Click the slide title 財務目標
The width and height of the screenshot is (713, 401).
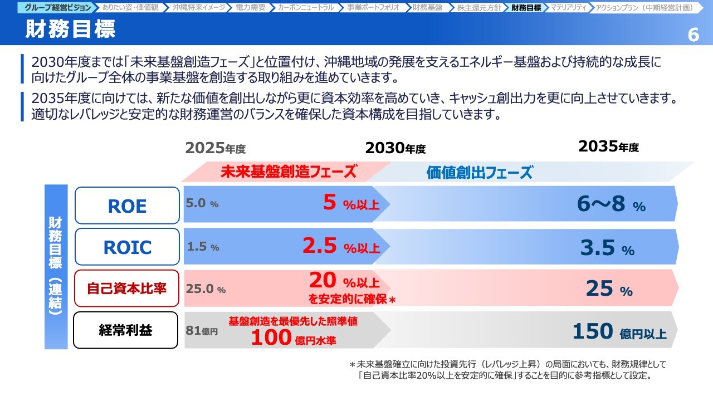coord(70,30)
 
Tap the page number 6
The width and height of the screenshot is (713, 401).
coord(694,35)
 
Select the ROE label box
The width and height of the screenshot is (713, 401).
coord(127,206)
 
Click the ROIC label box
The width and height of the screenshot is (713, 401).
coord(127,247)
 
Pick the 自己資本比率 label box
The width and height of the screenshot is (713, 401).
coord(126,288)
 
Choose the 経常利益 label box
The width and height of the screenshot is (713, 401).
coord(125,330)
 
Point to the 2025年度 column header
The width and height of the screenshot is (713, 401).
coord(215,148)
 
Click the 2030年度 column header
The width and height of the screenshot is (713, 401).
coord(395,148)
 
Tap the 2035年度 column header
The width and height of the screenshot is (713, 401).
coord(608,146)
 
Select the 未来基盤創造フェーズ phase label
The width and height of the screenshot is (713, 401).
coord(289,172)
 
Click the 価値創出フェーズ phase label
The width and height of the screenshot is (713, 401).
coord(480,173)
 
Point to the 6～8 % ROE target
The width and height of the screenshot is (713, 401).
coord(611,204)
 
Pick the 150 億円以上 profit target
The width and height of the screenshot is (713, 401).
coord(619,331)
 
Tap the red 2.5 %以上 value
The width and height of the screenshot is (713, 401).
coord(341,246)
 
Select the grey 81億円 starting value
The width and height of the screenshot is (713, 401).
coord(202,330)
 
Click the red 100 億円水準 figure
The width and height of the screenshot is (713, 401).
coord(294,338)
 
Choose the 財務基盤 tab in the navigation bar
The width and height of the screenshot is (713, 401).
coord(427,7)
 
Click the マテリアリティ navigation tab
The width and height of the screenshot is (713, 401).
coord(569,7)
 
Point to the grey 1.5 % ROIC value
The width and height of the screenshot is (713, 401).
coord(203,246)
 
